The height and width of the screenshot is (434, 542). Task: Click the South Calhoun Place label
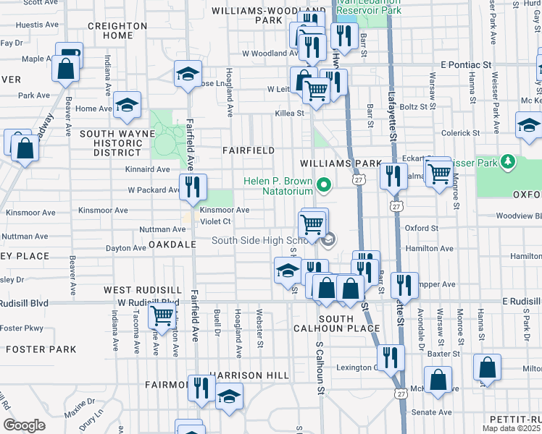[x=345, y=323]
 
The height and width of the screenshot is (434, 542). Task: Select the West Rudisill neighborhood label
[x=137, y=289]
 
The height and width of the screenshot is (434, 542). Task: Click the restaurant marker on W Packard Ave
[x=193, y=186]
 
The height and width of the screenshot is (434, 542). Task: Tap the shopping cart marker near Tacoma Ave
[x=162, y=315]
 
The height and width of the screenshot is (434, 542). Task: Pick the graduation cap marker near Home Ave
[x=127, y=106]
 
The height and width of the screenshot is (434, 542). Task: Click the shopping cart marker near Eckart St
[x=438, y=173]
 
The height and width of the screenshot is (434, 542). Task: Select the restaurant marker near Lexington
[x=391, y=356]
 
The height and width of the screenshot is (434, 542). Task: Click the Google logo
[x=25, y=425]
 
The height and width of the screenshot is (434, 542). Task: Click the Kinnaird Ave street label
[x=148, y=169]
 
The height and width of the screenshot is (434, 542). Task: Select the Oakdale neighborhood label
[x=172, y=245]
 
